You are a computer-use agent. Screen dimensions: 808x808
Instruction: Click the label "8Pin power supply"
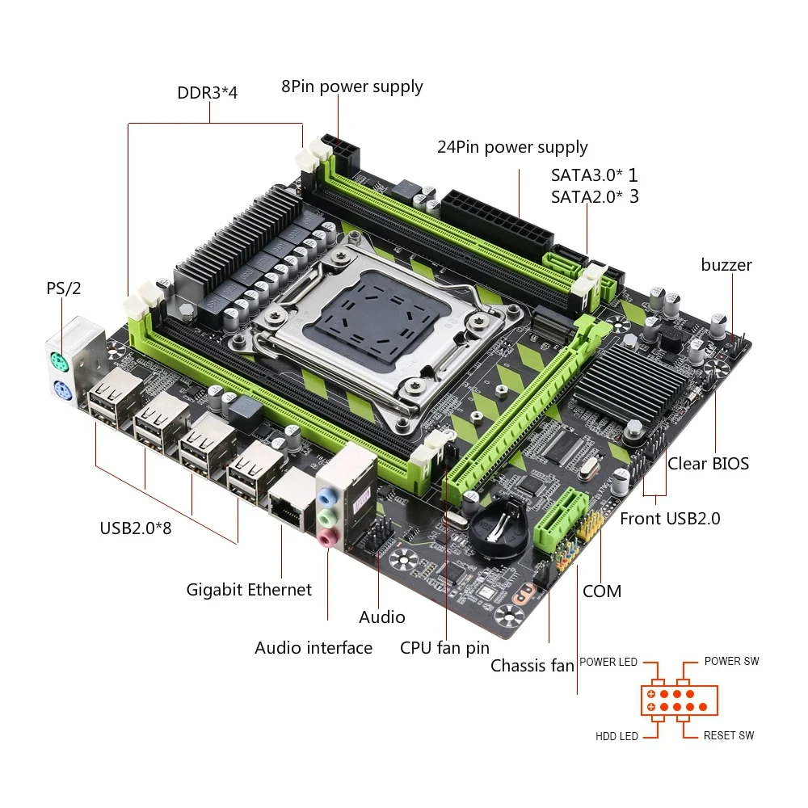pyautogui.click(x=351, y=86)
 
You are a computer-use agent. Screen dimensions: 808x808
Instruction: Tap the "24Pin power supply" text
pyautogui.click(x=512, y=147)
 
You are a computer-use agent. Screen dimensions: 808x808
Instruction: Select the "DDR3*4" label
pyautogui.click(x=208, y=92)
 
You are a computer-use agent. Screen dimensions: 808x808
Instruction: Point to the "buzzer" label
pyautogui.click(x=726, y=265)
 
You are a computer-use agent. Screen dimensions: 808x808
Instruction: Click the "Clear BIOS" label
pyautogui.click(x=708, y=464)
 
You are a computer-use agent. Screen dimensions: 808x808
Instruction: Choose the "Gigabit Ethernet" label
pyautogui.click(x=249, y=590)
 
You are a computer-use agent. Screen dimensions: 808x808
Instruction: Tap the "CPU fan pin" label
pyautogui.click(x=444, y=648)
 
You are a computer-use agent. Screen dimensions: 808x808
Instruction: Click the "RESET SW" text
pyautogui.click(x=728, y=735)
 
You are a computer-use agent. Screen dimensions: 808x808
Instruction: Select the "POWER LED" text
pyautogui.click(x=608, y=662)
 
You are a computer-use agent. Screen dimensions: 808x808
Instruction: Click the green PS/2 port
pyautogui.click(x=57, y=360)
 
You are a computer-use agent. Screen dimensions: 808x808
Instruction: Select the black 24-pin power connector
pyautogui.click(x=497, y=217)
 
